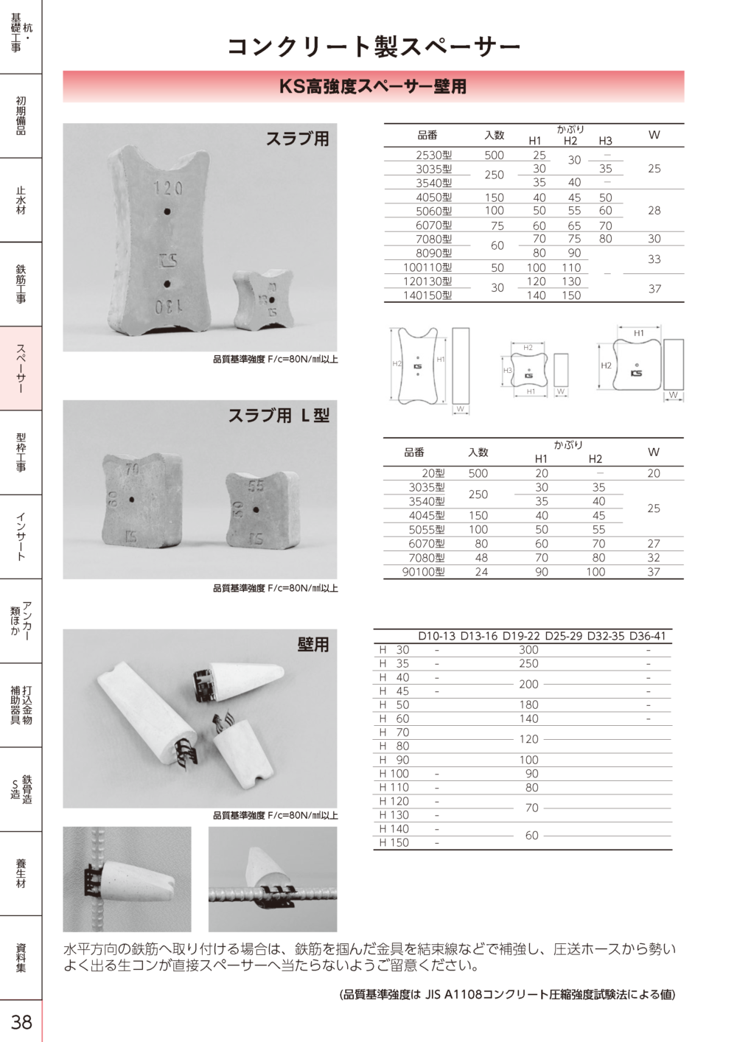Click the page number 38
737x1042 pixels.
21,1021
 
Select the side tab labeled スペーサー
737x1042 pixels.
21,368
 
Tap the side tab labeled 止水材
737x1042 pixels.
21,200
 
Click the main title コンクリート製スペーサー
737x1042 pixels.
374,46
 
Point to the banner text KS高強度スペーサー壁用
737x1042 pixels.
373,86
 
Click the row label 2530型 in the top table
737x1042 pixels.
433,155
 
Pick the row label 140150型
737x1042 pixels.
427,296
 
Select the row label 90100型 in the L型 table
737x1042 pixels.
424,572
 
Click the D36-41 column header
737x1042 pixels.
647,636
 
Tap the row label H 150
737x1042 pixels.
394,842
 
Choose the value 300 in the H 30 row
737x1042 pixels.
528,650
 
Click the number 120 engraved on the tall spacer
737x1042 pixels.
168,189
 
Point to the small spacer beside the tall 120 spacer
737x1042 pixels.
263,299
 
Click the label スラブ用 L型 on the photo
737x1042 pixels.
279,416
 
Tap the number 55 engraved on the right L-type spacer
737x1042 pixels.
256,486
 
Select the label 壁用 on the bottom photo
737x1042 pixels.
312,645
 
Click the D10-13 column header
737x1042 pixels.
437,636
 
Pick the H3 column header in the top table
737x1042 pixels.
605,141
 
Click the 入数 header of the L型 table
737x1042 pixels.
478,452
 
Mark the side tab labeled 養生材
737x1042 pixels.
21,873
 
